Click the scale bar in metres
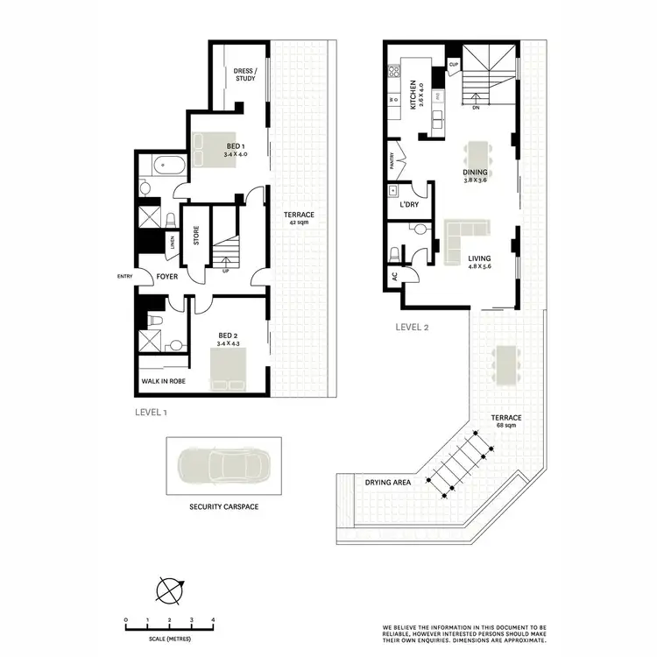[x=170, y=623]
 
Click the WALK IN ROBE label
[x=163, y=382]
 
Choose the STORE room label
[x=197, y=237]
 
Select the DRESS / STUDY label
[x=244, y=75]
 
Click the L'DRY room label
[x=409, y=203]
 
